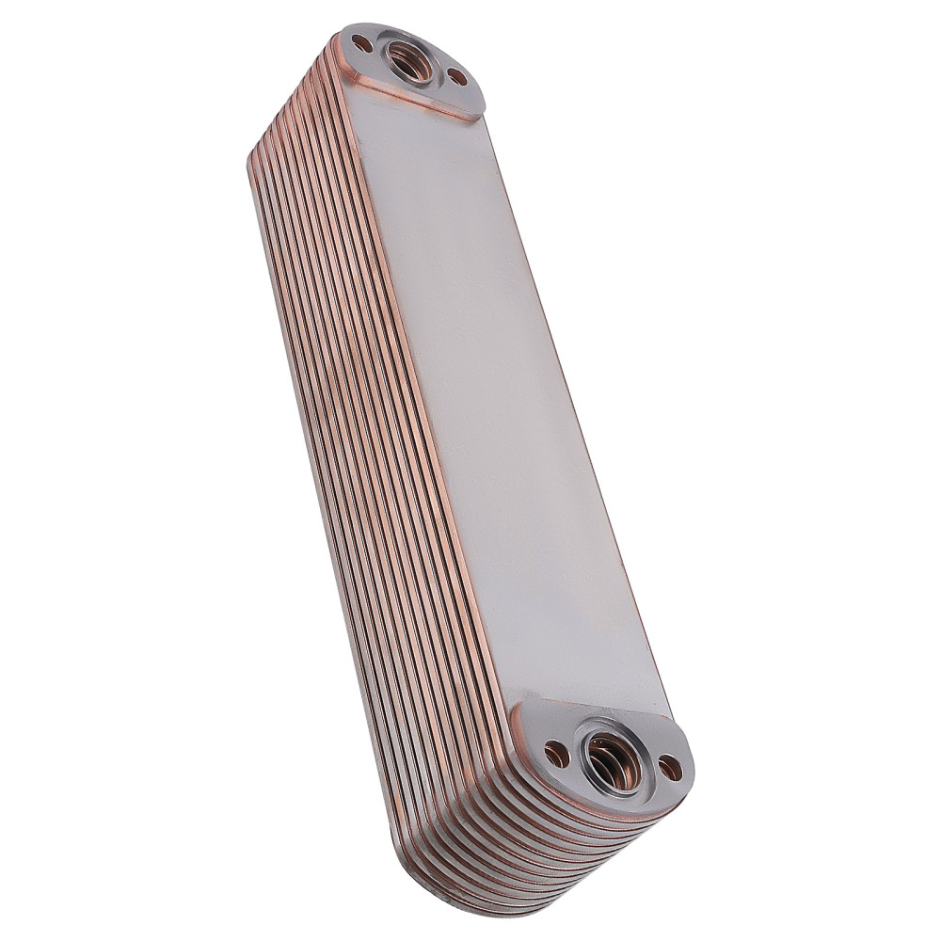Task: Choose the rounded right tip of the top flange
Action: pyautogui.click(x=480, y=94)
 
